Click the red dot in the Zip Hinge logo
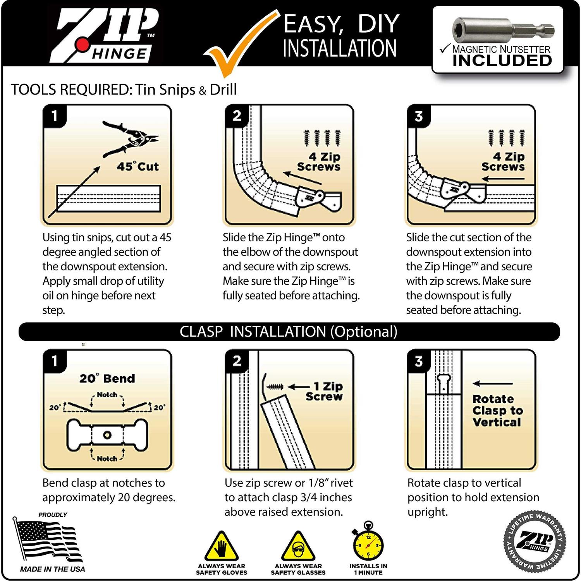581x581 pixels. click(82, 45)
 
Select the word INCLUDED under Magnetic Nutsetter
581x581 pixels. click(502, 61)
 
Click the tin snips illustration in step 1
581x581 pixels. click(131, 139)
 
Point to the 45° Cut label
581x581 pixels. click(138, 167)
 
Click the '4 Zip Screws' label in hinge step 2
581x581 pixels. click(319, 162)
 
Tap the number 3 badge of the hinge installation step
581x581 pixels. click(418, 116)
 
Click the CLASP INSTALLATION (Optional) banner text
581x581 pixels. click(289, 332)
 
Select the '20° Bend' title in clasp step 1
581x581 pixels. click(107, 378)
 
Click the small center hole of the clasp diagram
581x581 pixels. click(107, 435)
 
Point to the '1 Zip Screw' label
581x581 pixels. click(325, 391)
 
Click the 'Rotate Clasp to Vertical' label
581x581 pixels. click(497, 411)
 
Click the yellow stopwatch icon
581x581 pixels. click(368, 544)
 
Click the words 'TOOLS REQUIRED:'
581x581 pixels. click(71, 90)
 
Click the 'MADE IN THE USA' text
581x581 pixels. click(52, 569)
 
